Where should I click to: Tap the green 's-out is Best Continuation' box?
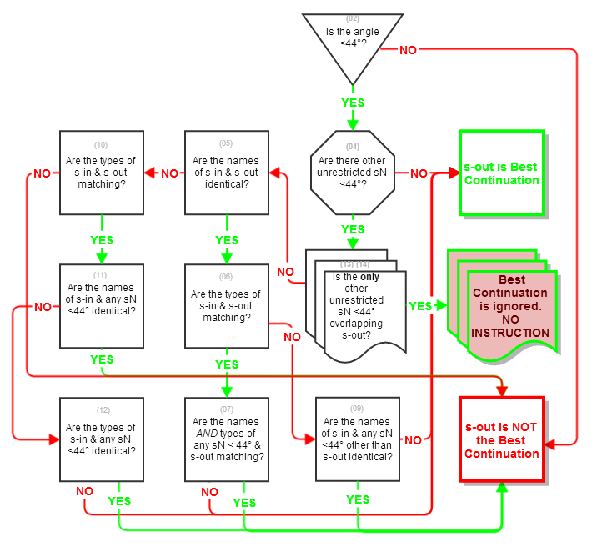click(501, 173)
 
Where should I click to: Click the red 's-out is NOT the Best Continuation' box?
click(501, 439)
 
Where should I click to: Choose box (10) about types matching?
click(101, 173)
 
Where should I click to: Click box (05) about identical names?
click(226, 173)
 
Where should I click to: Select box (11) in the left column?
click(101, 306)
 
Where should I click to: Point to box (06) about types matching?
click(226, 306)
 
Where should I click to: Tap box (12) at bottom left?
click(101, 439)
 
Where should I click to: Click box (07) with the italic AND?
click(226, 439)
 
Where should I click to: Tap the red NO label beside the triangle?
click(408, 50)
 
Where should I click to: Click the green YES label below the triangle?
click(353, 103)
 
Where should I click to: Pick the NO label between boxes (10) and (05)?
click(169, 173)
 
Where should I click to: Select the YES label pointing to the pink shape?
click(421, 306)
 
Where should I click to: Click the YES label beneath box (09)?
click(358, 499)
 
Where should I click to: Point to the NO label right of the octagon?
click(419, 173)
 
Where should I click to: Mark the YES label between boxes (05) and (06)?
click(227, 240)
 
